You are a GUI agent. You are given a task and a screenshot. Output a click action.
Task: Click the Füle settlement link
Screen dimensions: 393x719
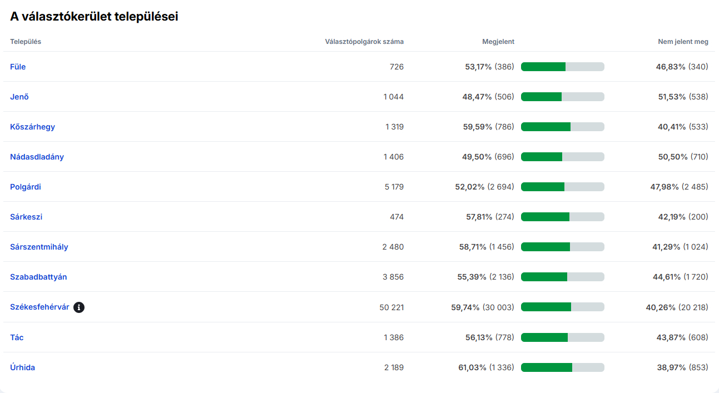(18, 67)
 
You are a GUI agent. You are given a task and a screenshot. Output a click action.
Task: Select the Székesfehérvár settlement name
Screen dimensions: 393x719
(39, 307)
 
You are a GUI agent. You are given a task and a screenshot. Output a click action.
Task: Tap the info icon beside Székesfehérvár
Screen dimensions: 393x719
(79, 307)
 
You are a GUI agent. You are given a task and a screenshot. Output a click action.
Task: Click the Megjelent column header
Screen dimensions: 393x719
(498, 42)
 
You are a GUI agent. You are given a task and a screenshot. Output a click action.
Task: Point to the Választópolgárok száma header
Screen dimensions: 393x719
(364, 42)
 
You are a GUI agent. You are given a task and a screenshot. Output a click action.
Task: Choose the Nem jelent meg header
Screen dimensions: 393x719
(683, 42)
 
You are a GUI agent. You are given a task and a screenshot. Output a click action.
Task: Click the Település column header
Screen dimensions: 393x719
(26, 42)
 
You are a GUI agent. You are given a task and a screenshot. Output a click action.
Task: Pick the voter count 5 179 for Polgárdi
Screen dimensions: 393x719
(394, 187)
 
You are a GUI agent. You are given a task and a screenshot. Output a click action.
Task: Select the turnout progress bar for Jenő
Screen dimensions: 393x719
(562, 97)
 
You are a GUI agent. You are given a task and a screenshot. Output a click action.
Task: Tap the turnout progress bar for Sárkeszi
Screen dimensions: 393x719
(562, 217)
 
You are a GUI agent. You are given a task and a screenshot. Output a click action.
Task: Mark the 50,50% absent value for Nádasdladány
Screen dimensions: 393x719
(673, 157)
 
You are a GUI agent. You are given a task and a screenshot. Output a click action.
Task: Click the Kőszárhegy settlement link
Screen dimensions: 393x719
(32, 127)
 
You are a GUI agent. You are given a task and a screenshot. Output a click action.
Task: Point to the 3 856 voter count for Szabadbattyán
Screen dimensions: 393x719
(393, 277)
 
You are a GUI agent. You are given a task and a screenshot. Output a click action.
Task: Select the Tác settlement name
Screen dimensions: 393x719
(17, 337)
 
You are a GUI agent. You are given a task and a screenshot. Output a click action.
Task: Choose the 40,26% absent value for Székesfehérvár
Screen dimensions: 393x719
(661, 307)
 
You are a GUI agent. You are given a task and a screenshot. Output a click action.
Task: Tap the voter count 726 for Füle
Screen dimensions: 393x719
(396, 67)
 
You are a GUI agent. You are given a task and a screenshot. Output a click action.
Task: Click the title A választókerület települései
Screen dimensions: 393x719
(94, 17)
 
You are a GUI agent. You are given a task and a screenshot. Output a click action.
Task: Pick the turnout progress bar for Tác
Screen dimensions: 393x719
(562, 337)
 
